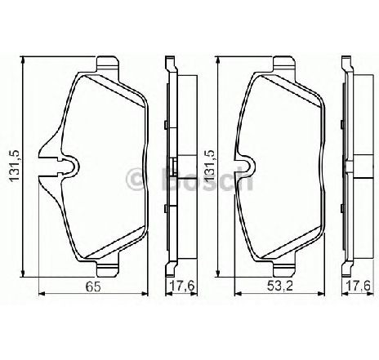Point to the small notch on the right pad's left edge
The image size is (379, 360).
[241, 164]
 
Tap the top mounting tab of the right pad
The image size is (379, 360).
[283, 63]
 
